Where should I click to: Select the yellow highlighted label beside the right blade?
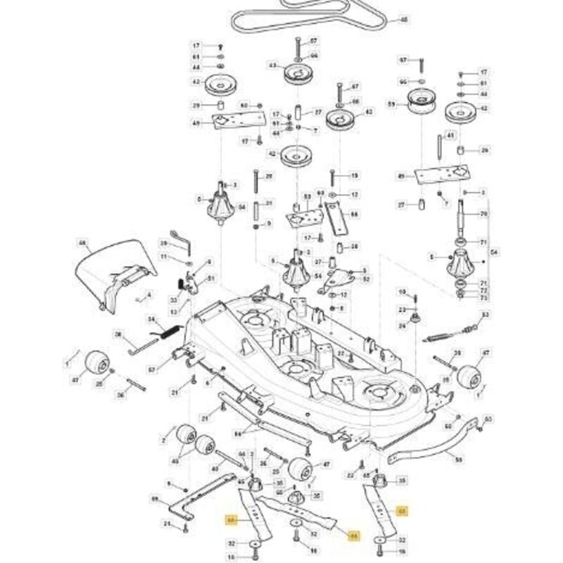pos(402,512)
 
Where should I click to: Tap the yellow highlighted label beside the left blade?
pos(230,520)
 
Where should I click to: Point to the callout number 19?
pos(355,175)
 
